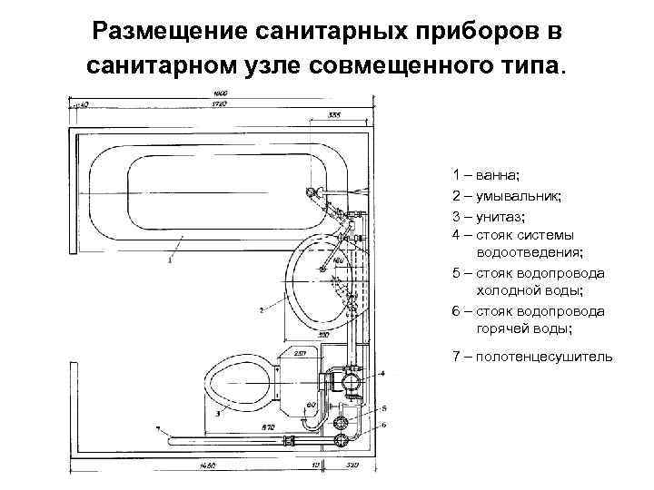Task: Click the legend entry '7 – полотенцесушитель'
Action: coord(532,356)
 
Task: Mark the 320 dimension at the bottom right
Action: coord(353,466)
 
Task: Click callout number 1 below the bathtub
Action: coord(168,260)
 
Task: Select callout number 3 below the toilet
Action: coord(219,414)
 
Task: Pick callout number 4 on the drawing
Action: coord(382,373)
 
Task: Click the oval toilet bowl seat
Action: coord(238,384)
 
